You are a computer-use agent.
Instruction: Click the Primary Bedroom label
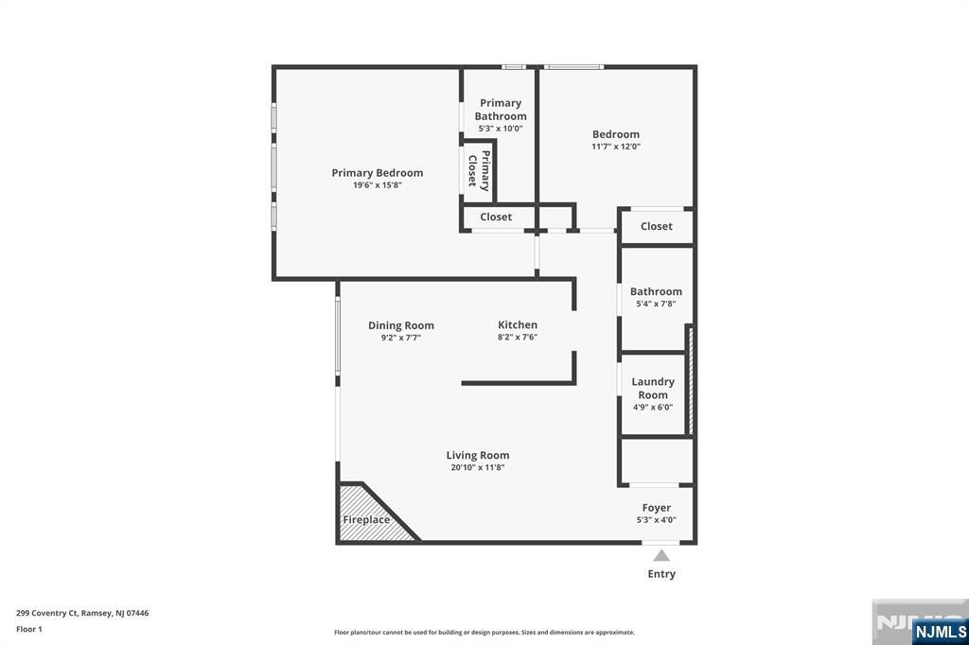377,173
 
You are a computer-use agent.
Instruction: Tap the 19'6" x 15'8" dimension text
377,184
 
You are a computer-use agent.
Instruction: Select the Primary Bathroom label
501,110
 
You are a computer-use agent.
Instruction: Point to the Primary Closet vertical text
479,170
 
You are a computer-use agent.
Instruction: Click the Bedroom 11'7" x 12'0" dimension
616,147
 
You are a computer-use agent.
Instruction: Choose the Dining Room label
401,325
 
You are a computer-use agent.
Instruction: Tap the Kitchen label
518,324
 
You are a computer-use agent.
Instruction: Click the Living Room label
478,455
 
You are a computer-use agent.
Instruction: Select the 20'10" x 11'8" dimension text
478,468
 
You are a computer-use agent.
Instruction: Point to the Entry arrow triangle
661,555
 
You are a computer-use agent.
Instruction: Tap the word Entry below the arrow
661,574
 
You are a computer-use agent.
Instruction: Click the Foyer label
657,508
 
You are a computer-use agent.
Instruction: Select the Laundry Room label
653,389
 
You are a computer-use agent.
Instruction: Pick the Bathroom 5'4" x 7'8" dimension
657,304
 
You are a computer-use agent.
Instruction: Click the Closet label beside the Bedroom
657,226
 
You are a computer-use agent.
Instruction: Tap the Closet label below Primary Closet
496,217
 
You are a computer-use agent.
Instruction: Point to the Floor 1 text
29,630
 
